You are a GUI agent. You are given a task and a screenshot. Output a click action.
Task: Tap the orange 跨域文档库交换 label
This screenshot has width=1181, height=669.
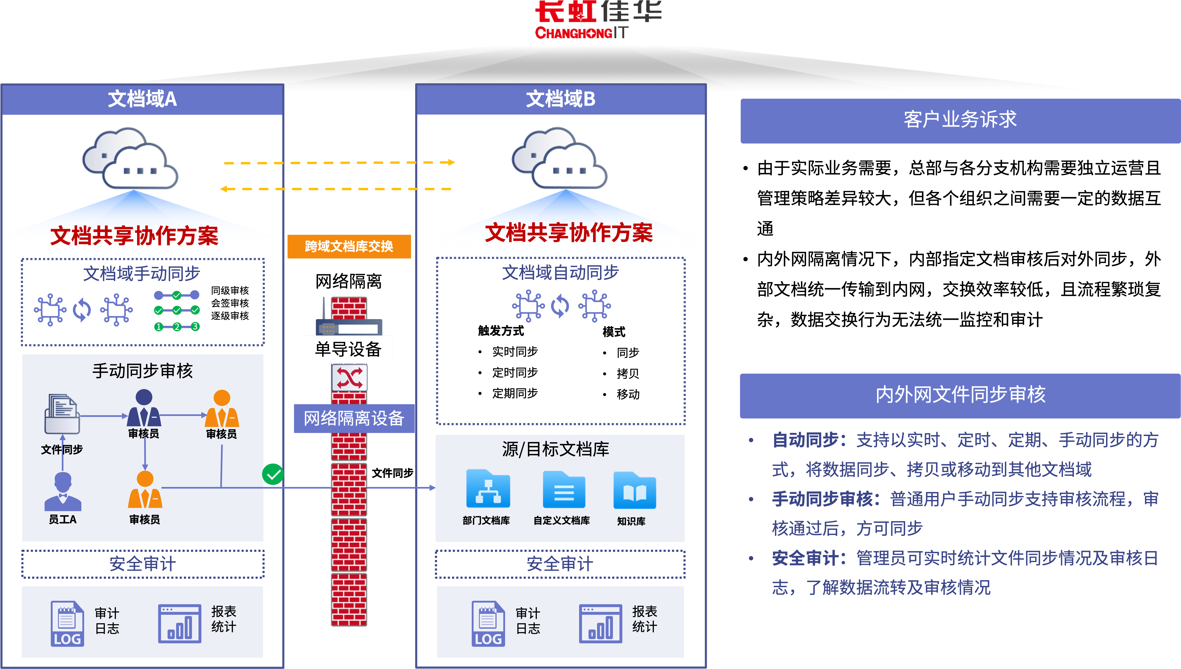[x=349, y=246]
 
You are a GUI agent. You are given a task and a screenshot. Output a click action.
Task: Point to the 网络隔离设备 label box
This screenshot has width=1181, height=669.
[x=354, y=418]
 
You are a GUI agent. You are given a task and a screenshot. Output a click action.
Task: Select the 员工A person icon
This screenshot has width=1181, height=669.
[x=63, y=492]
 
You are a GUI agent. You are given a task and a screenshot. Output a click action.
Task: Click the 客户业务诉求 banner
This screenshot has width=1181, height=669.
[x=960, y=120]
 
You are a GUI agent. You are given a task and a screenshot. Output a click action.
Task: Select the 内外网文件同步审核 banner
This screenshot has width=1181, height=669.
[x=960, y=395]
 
